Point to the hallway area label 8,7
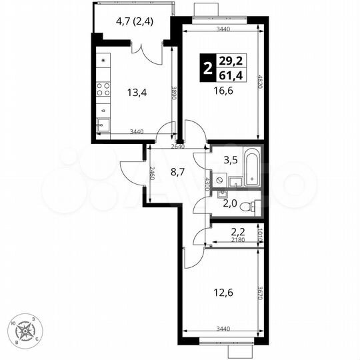pos(177,172)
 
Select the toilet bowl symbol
pos(251,206)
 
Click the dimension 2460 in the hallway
pos(152,176)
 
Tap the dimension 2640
pos(177,147)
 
